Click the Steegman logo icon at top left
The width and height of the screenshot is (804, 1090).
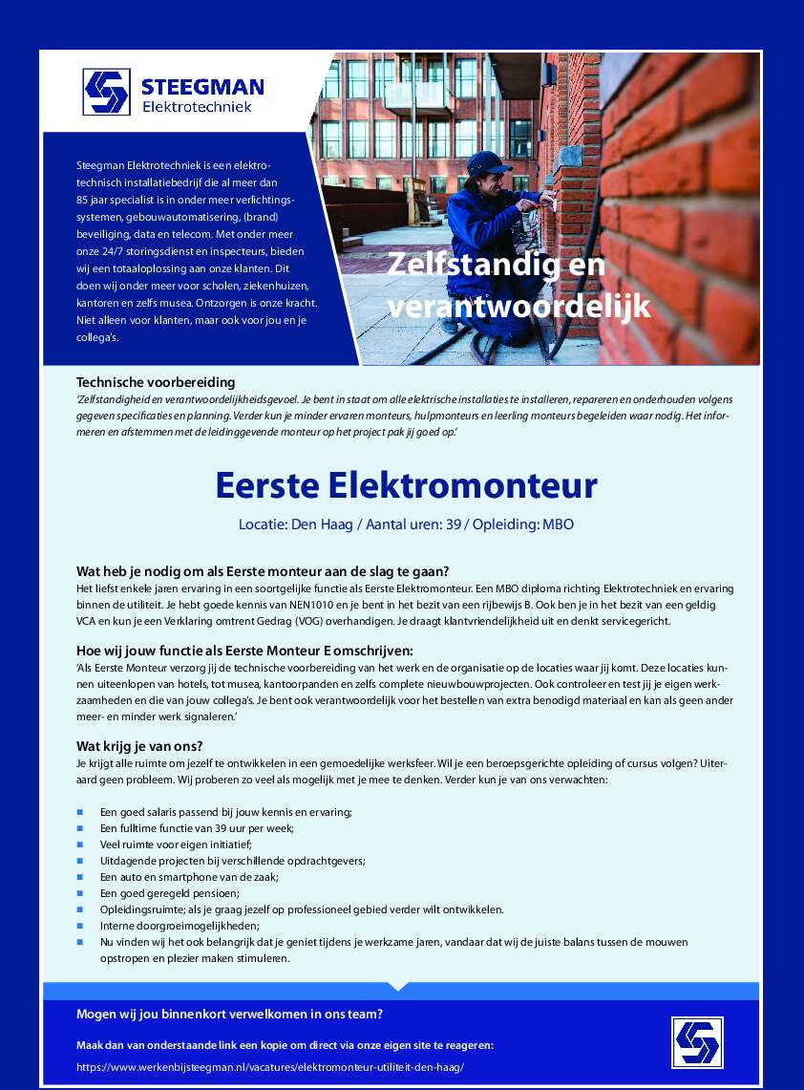105,92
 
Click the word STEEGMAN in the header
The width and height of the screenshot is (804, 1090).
202,87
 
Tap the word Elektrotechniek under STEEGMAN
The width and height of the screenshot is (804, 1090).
197,107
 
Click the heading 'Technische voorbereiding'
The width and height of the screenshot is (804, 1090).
156,382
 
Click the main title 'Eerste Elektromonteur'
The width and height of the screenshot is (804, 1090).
406,485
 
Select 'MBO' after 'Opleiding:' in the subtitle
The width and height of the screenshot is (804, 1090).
558,524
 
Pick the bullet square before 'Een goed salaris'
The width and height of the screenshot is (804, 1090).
80,812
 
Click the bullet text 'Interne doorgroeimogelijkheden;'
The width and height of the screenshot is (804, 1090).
180,926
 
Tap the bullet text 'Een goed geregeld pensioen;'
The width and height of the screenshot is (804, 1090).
170,893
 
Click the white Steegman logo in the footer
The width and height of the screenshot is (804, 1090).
696,1042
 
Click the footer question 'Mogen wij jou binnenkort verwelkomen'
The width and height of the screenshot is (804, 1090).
229,1015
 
